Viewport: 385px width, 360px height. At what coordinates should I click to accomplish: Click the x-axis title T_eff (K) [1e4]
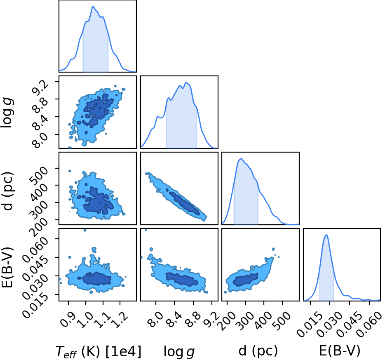[99, 351]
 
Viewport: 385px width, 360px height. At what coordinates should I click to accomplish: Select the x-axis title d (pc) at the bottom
[258, 351]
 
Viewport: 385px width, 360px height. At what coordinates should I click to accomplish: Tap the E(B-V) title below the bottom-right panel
[340, 351]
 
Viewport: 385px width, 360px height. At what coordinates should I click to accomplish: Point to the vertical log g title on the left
[7, 113]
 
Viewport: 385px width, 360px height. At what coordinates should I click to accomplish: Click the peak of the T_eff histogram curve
[93, 6]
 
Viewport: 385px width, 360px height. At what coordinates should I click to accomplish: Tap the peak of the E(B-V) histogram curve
[326, 235]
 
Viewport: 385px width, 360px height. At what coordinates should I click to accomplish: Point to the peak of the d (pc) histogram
[241, 159]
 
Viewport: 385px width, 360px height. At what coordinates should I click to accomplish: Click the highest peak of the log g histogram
[186, 82]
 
